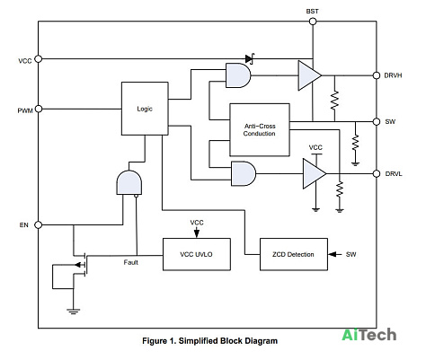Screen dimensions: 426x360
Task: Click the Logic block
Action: [145, 109]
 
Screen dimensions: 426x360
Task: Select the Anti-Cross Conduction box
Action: [260, 130]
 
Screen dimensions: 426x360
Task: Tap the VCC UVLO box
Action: [197, 254]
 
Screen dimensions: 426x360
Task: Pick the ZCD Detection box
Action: [294, 254]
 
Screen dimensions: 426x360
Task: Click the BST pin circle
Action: [313, 22]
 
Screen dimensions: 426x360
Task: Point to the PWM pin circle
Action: [39, 109]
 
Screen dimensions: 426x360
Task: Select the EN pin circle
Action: [39, 224]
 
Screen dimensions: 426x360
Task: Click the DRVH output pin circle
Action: [377, 75]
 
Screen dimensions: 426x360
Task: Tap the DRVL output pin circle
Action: [377, 173]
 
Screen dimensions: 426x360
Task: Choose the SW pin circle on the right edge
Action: [377, 121]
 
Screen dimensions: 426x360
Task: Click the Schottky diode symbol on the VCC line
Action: [250, 58]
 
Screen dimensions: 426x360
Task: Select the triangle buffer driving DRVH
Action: [309, 75]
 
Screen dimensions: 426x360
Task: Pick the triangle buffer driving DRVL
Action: [315, 173]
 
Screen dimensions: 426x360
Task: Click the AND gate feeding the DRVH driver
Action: [238, 75]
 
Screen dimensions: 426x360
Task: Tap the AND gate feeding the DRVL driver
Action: [244, 173]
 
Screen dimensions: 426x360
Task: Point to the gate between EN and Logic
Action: [129, 183]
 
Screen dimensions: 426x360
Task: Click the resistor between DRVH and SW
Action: [334, 101]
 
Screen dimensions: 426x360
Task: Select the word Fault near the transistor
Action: [131, 262]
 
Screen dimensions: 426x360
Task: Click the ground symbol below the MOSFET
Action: [73, 312]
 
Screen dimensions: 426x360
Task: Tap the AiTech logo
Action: [369, 335]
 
